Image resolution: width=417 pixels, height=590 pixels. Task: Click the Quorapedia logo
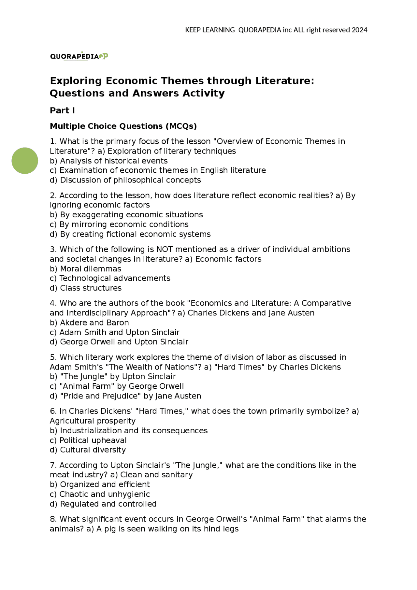coord(79,56)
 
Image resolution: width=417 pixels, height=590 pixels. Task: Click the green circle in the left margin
coord(25,161)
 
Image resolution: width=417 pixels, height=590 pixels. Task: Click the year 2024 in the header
coord(359,30)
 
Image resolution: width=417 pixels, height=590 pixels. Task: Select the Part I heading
coord(62,110)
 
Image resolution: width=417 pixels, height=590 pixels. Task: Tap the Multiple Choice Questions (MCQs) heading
coord(123,126)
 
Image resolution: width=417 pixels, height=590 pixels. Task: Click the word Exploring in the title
coord(76,80)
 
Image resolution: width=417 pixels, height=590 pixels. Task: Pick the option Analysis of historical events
coord(109,161)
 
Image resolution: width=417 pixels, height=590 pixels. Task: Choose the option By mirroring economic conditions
coord(119,224)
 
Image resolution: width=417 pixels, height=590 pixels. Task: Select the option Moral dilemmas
coord(86,269)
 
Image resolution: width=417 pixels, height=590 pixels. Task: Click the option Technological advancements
coord(110,278)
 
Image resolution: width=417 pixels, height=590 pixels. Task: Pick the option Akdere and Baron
coord(90,323)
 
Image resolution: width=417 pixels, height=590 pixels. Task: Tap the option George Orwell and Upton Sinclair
coord(119,342)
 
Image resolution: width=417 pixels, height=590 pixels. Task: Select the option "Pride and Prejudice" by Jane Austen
coord(125,396)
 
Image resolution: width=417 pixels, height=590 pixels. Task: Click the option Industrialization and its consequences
coord(129,430)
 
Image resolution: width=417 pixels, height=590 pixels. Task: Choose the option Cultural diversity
coord(88,450)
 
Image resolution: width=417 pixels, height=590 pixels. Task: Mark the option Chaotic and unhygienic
coord(100,494)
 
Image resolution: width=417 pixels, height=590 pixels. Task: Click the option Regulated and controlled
coord(103,504)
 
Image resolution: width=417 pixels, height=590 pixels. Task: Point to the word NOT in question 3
coord(164,249)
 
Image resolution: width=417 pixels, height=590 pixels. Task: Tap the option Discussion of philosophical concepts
coord(125,180)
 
